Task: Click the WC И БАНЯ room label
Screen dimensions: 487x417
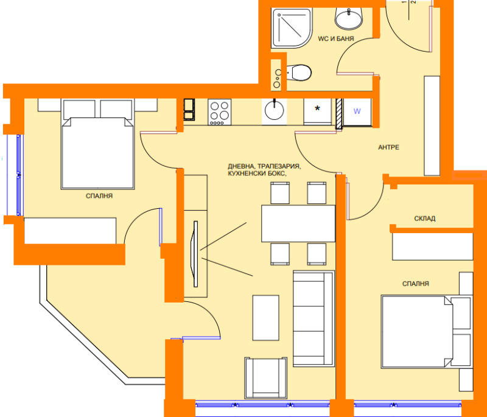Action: pos(336,39)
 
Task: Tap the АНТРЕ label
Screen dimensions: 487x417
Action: pos(388,147)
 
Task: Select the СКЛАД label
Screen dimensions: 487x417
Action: pos(424,219)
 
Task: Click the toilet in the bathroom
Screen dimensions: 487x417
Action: pos(298,72)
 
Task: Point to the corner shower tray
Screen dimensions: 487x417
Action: pos(291,28)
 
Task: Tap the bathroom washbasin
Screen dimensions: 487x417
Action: pos(349,18)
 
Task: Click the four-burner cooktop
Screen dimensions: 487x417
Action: pos(220,112)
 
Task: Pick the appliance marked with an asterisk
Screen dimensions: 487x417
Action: pos(317,112)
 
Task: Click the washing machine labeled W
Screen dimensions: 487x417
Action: pos(357,112)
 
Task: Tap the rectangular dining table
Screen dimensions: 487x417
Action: pos(298,223)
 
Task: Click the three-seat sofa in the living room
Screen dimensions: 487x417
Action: pos(314,318)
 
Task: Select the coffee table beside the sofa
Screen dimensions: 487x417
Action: pos(265,318)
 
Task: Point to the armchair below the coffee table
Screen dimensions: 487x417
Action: pos(265,378)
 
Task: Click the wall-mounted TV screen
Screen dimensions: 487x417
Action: pos(195,254)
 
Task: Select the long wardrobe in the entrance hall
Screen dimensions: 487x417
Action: pos(432,126)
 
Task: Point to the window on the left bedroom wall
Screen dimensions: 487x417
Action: pos(19,175)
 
